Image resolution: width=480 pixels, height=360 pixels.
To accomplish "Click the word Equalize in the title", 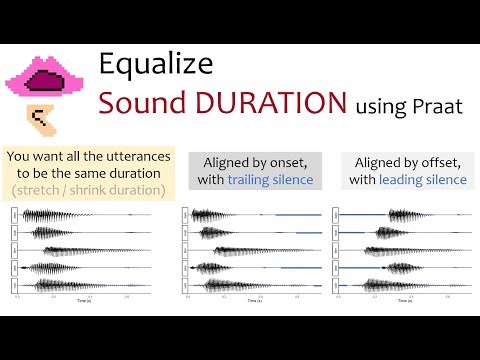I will pyautogui.click(x=156, y=65).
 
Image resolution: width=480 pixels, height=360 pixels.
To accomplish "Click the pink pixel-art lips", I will pyautogui.click(x=44, y=77).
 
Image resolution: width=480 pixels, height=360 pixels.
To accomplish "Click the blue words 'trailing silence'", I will pyautogui.click(x=270, y=180).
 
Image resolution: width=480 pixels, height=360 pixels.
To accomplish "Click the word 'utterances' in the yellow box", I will pyautogui.click(x=133, y=156).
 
